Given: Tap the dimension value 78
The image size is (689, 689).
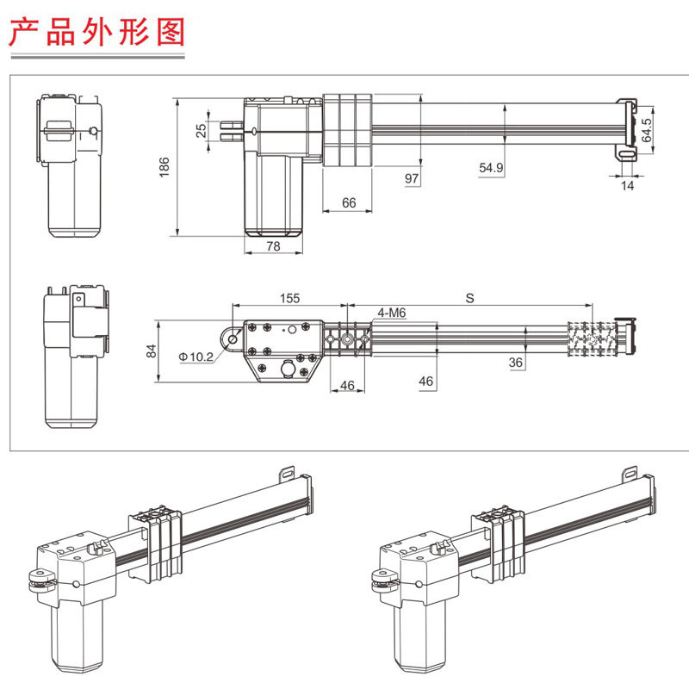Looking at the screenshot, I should (x=274, y=246).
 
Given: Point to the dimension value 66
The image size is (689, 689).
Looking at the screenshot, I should (x=349, y=202).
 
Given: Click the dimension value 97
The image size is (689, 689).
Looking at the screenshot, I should (x=411, y=177).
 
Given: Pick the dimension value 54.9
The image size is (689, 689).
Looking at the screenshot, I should (x=492, y=169).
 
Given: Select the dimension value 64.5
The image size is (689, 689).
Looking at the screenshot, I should (x=647, y=131).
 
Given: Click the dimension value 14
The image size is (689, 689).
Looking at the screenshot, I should (x=628, y=186).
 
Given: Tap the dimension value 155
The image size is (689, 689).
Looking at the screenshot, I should (x=289, y=298).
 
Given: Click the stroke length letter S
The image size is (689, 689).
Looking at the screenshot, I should (x=469, y=298).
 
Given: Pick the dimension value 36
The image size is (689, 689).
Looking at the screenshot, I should (x=516, y=363).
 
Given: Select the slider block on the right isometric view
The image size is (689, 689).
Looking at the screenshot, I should (x=498, y=543).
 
